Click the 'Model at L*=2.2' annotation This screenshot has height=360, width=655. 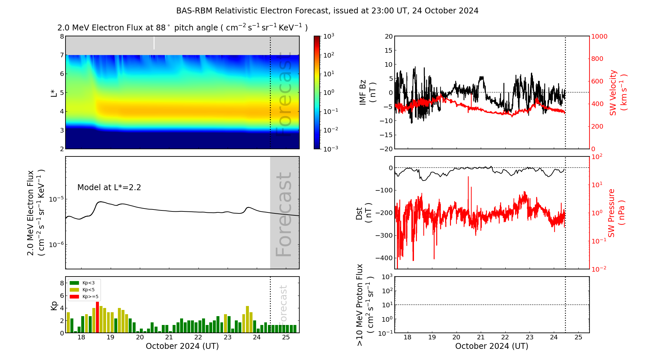[109, 188]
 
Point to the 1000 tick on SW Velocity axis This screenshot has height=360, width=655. [599, 36]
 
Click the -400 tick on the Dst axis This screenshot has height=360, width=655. [384, 258]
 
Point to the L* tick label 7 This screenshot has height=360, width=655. [62, 55]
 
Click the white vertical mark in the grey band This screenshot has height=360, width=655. [154, 43]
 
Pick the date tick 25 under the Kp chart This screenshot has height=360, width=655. [286, 337]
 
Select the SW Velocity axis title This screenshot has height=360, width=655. [618, 92]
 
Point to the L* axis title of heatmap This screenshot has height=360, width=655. [54, 92]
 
